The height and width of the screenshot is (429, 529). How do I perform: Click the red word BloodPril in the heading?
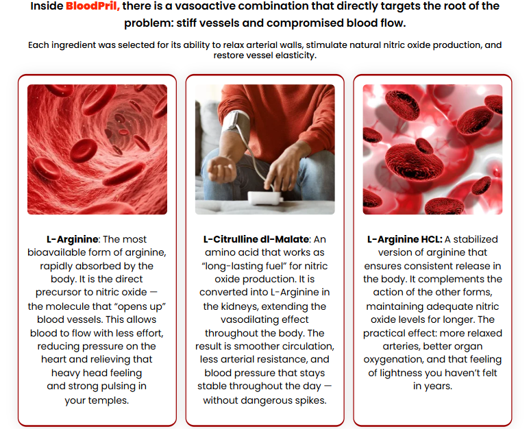click(x=93, y=6)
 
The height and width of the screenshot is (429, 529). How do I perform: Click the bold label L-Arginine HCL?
click(x=404, y=239)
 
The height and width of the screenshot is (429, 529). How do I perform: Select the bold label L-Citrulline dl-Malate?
click(x=256, y=239)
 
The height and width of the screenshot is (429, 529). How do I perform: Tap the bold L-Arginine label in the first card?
click(x=73, y=239)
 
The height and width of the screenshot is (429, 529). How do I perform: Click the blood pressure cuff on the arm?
click(x=234, y=121)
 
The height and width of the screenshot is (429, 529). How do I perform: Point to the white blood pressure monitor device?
click(x=264, y=198)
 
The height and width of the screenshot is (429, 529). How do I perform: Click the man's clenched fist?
click(x=221, y=169)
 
